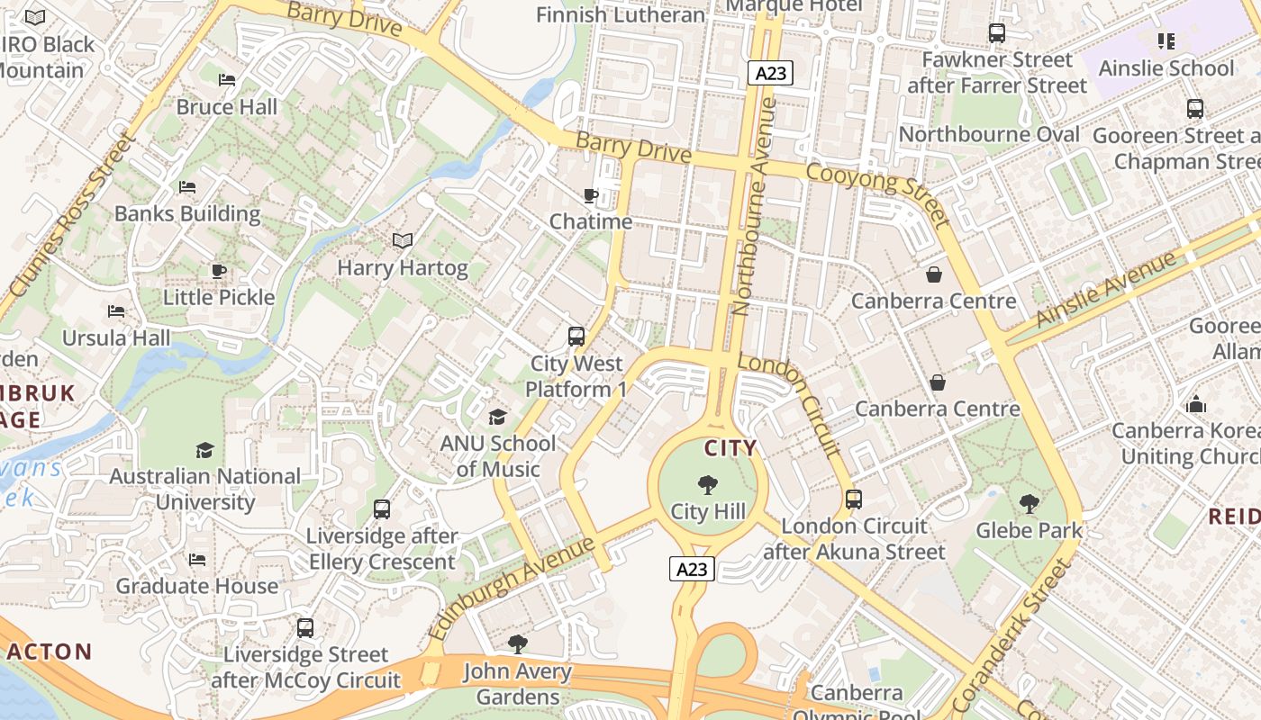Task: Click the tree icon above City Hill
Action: [708, 485]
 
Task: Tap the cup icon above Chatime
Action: [591, 195]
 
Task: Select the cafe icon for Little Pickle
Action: [219, 271]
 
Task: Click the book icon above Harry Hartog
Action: [403, 241]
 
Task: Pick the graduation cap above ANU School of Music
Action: [497, 417]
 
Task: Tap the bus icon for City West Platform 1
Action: [576, 337]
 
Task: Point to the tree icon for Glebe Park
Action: [1030, 504]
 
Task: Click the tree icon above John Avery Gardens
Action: [518, 644]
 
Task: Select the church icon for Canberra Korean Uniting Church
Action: [1196, 404]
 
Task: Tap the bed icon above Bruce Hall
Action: [227, 80]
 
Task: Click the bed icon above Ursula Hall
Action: [116, 311]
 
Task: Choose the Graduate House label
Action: [197, 586]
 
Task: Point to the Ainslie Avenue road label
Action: [1106, 289]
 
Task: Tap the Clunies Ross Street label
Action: [70, 217]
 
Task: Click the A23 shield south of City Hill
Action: [692, 569]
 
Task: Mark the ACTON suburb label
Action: [50, 652]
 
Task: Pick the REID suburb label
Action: [1233, 517]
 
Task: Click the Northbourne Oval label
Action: [989, 135]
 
